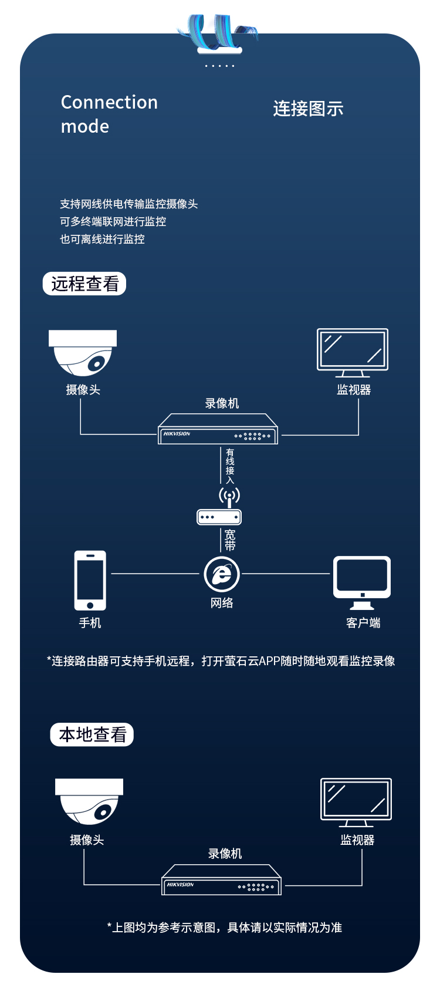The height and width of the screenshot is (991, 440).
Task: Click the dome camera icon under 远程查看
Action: (x=83, y=353)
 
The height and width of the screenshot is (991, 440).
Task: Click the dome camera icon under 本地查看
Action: (x=89, y=802)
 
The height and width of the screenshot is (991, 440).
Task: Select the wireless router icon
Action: (x=219, y=507)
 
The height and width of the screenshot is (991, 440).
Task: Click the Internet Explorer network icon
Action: (x=222, y=574)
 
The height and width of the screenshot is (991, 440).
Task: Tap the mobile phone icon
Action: (x=90, y=581)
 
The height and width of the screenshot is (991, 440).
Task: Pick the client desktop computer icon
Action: (x=362, y=582)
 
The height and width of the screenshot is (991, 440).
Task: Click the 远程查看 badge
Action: (x=84, y=284)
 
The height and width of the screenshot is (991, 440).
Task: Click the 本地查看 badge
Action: (x=92, y=734)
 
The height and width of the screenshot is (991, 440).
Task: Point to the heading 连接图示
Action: (x=308, y=109)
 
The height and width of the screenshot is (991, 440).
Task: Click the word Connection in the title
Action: (x=109, y=102)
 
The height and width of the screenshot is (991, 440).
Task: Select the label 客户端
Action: (x=363, y=623)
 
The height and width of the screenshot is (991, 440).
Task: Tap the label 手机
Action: (x=90, y=623)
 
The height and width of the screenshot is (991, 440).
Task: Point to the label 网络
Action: (x=222, y=602)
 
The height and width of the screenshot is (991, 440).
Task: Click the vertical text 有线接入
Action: (x=230, y=466)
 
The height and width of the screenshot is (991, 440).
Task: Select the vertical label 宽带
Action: (x=230, y=540)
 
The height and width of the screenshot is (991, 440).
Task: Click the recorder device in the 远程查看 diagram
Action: (x=218, y=429)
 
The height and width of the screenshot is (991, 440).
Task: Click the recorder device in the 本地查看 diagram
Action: (x=222, y=879)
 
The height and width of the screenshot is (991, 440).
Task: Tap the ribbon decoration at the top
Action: (x=219, y=32)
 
